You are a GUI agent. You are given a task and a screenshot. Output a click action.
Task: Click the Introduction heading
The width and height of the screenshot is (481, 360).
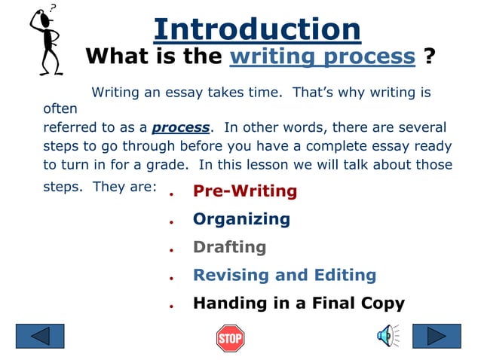pos(257,29)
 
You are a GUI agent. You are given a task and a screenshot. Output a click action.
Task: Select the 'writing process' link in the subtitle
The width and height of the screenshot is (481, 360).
pos(322,56)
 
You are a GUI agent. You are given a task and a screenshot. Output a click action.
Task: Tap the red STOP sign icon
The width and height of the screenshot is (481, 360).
pos(230,338)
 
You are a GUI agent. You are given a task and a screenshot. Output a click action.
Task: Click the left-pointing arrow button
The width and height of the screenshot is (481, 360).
pos(40,336)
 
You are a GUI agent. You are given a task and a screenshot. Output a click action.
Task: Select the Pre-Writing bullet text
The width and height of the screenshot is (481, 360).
pos(245,191)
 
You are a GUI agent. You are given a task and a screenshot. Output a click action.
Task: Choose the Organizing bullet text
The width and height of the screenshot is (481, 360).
pos(241,219)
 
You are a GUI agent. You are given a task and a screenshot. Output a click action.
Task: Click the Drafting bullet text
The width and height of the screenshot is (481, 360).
pos(229,247)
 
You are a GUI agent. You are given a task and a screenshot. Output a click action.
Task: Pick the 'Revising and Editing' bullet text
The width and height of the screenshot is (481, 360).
pos(284,275)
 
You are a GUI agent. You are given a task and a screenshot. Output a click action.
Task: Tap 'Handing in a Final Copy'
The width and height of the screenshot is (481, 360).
pos(299,304)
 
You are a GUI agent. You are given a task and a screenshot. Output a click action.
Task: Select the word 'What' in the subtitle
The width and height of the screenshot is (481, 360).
pos(115,56)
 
